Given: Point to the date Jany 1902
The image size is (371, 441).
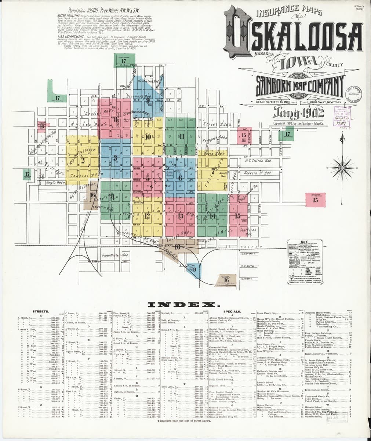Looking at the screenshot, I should [297, 111].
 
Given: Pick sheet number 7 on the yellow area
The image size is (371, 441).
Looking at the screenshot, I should [213, 171].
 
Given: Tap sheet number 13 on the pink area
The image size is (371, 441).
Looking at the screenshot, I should [180, 216].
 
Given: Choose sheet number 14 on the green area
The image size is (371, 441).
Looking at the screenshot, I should [213, 216].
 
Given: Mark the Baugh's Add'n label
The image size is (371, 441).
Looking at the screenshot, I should [56, 182].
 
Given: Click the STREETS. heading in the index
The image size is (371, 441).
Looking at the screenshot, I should [39, 311].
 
